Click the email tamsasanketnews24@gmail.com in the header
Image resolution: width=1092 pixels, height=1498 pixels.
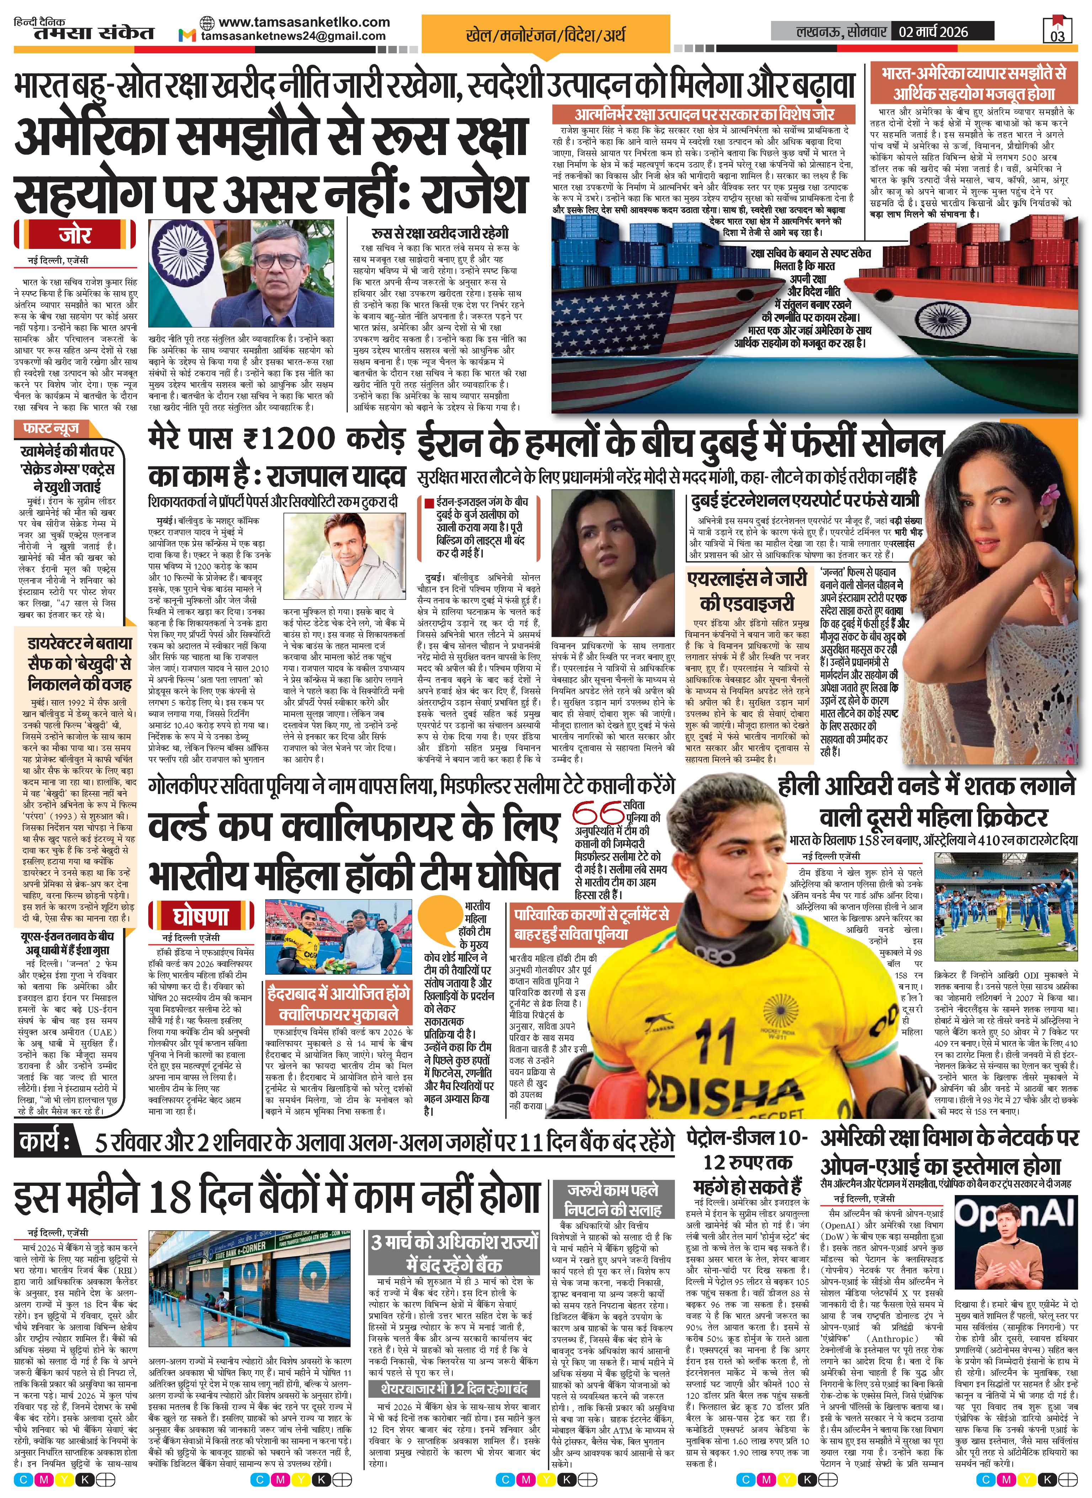[x=293, y=36]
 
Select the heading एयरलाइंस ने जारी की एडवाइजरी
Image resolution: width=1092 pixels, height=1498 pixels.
[x=747, y=590]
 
